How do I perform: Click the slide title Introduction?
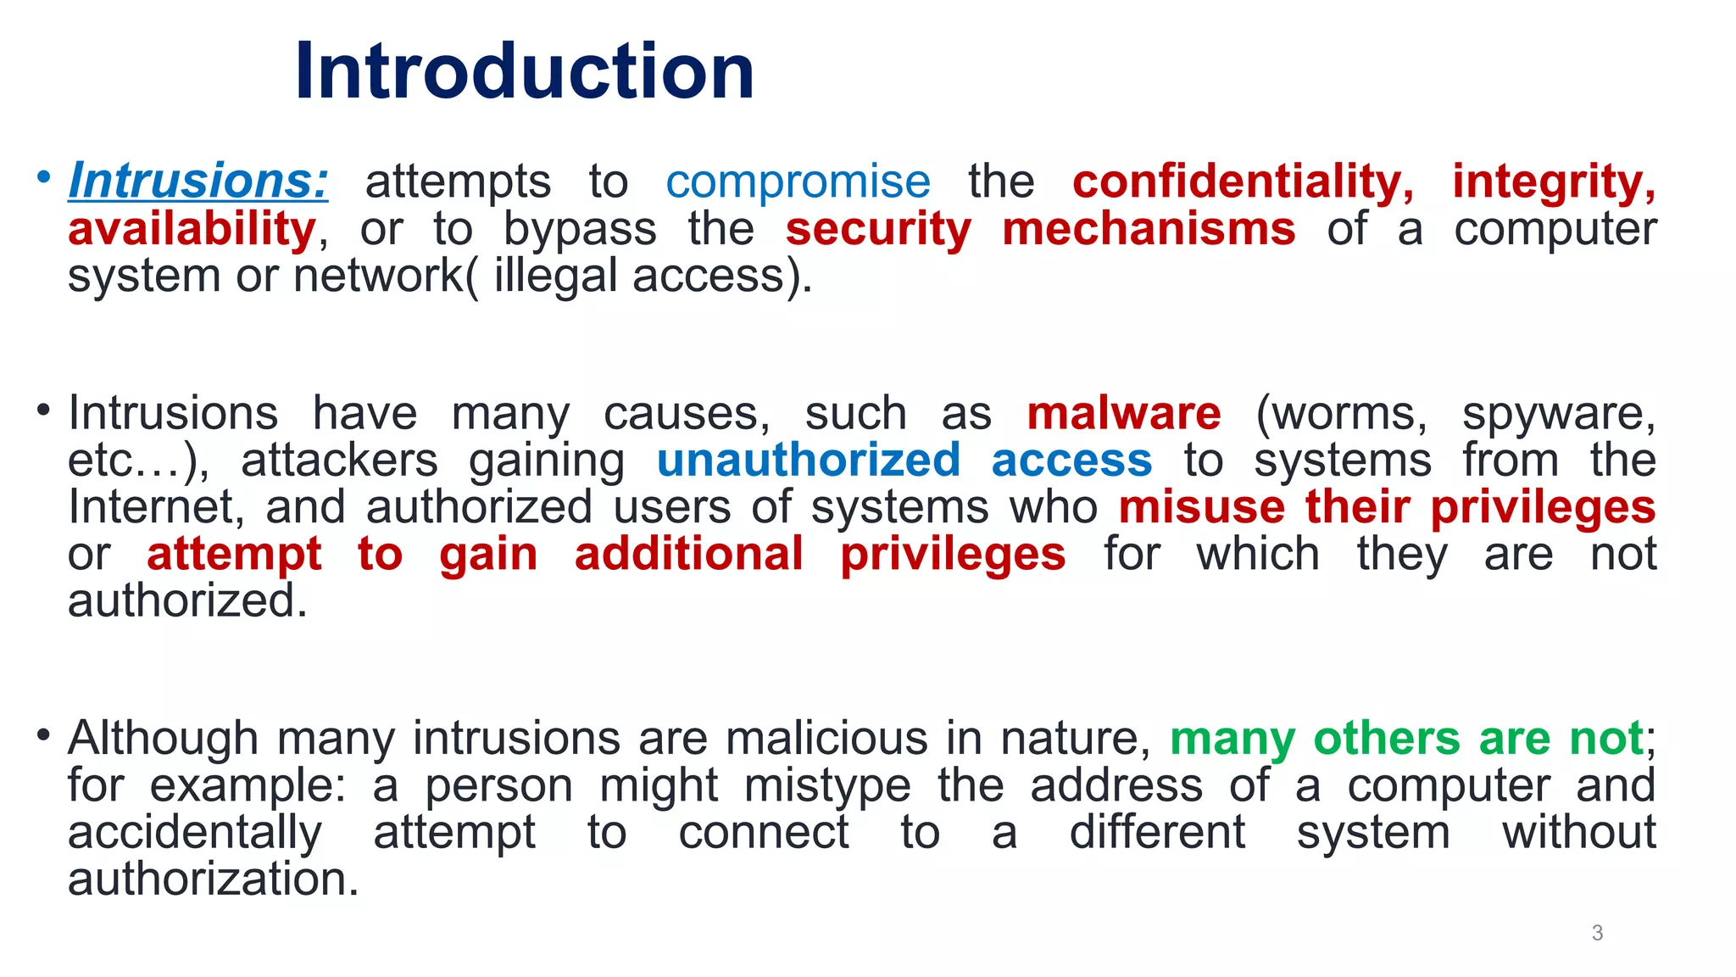524,71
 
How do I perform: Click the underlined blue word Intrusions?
198,181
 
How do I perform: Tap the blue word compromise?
798,181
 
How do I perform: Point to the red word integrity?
1553,181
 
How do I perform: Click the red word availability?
192,229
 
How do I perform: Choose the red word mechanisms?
1149,229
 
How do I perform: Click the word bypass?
580,229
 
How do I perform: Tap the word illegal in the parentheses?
555,276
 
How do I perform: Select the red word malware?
1124,413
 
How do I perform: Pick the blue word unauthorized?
809,460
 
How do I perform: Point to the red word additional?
688,554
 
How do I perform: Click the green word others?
1386,738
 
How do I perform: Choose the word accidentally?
195,832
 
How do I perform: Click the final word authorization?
213,879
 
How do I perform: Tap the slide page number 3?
1597,933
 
